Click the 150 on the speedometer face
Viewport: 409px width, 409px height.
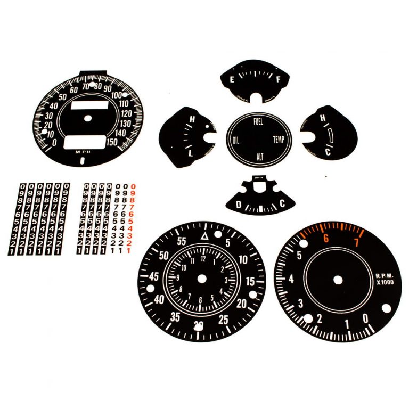coord(113,142)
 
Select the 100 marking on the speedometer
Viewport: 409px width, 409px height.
coord(118,95)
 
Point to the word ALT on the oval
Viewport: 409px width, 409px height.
coord(260,157)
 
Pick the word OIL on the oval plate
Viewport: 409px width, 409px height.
coord(236,140)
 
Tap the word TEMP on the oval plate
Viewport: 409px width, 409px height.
coord(279,140)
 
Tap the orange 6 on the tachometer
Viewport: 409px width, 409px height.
coord(325,241)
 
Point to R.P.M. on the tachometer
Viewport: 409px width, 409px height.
coord(383,275)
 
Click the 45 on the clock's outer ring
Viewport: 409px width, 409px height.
coord(154,277)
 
